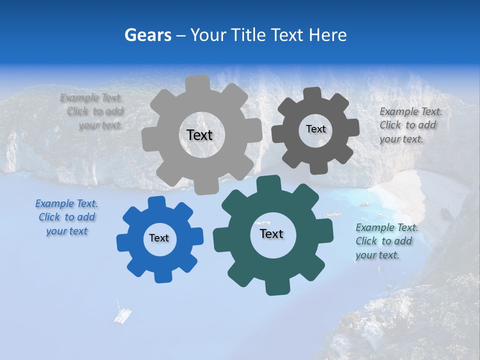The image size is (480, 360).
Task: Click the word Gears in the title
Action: tap(147, 35)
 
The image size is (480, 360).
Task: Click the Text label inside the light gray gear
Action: tap(199, 135)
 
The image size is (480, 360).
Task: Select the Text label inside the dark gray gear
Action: tap(315, 129)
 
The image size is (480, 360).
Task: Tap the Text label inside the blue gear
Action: tap(159, 238)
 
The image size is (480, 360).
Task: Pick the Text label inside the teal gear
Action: tap(271, 233)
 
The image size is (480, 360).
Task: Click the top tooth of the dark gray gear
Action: tap(312, 93)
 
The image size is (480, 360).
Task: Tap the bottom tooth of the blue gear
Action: tap(161, 276)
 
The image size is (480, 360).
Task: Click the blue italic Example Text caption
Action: tap(66, 217)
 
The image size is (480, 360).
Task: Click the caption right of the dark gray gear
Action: tap(410, 125)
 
